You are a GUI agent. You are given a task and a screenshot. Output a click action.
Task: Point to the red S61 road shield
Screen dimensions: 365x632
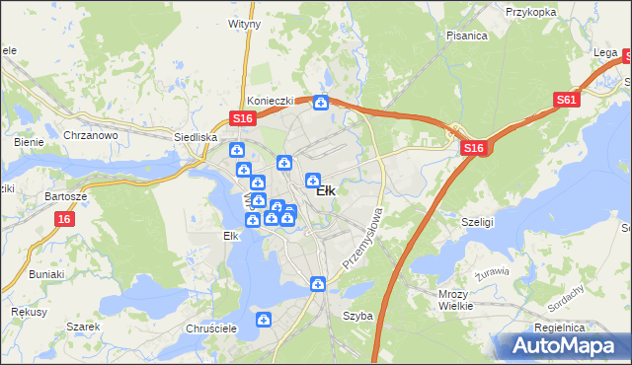(x=566, y=100)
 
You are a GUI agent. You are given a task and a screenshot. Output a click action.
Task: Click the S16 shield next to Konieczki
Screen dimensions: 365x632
(x=244, y=118)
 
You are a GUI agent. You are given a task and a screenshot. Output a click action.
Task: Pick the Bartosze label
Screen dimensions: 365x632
(x=66, y=196)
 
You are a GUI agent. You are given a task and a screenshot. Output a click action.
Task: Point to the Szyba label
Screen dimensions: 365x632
(x=357, y=317)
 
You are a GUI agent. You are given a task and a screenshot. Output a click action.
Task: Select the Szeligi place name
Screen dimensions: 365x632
(x=478, y=223)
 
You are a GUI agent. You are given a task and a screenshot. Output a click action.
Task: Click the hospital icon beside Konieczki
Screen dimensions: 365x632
(x=321, y=103)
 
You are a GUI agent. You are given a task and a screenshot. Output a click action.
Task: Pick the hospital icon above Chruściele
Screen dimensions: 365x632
(x=264, y=320)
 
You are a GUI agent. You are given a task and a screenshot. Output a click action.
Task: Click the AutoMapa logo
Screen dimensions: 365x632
(x=562, y=345)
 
